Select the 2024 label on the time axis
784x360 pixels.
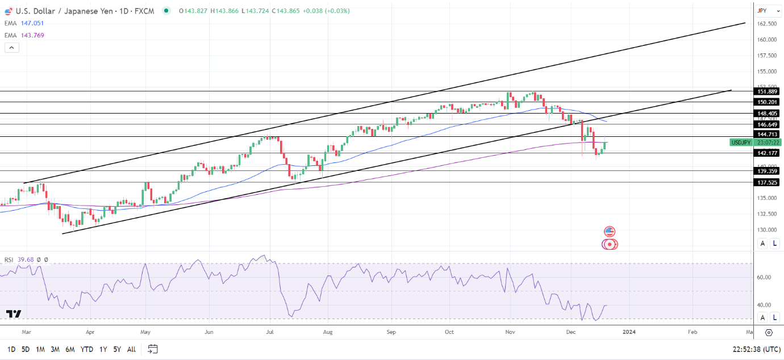628,331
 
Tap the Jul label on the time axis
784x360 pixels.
270,331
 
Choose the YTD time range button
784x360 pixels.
87,349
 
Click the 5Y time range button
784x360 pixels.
116,349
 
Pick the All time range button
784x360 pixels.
131,349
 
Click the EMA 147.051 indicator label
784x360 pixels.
24,23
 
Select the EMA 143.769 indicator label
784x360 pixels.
24,35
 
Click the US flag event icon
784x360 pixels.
610,231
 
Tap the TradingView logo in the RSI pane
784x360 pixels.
14,314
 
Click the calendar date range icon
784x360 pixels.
152,349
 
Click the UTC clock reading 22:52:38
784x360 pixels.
755,349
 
